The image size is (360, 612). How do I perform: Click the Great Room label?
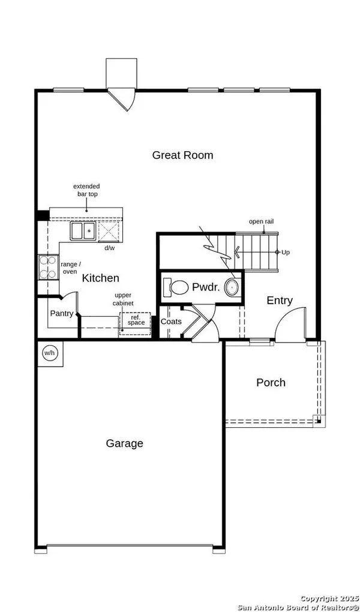(x=182, y=155)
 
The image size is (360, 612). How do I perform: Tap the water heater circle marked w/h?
(x=49, y=353)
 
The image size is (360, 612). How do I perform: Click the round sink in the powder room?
(x=232, y=287)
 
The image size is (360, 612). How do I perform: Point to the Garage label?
(x=125, y=444)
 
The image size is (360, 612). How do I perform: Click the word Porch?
(x=271, y=383)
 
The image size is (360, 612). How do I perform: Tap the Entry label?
(x=280, y=301)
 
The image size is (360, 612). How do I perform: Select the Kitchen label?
(x=100, y=278)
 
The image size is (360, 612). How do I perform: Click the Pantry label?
(x=62, y=313)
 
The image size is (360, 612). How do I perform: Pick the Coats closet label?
(x=172, y=322)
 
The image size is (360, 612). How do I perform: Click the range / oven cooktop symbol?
(x=48, y=268)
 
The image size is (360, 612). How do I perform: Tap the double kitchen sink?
(x=83, y=230)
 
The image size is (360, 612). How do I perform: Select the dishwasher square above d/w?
(x=109, y=231)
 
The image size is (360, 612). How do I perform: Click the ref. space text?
(x=136, y=320)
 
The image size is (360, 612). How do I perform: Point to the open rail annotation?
(x=261, y=221)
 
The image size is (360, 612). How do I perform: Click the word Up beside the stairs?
(x=286, y=253)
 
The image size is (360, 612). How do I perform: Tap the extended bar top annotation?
(x=86, y=190)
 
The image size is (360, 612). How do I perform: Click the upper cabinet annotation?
(x=124, y=299)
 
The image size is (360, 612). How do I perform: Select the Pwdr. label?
(x=206, y=287)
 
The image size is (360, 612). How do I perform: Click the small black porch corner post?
(x=319, y=421)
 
